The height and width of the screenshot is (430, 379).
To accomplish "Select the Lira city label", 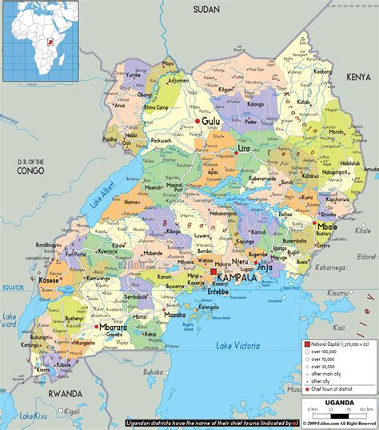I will [x=245, y=149].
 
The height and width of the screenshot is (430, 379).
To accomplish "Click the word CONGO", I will [x=29, y=171].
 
